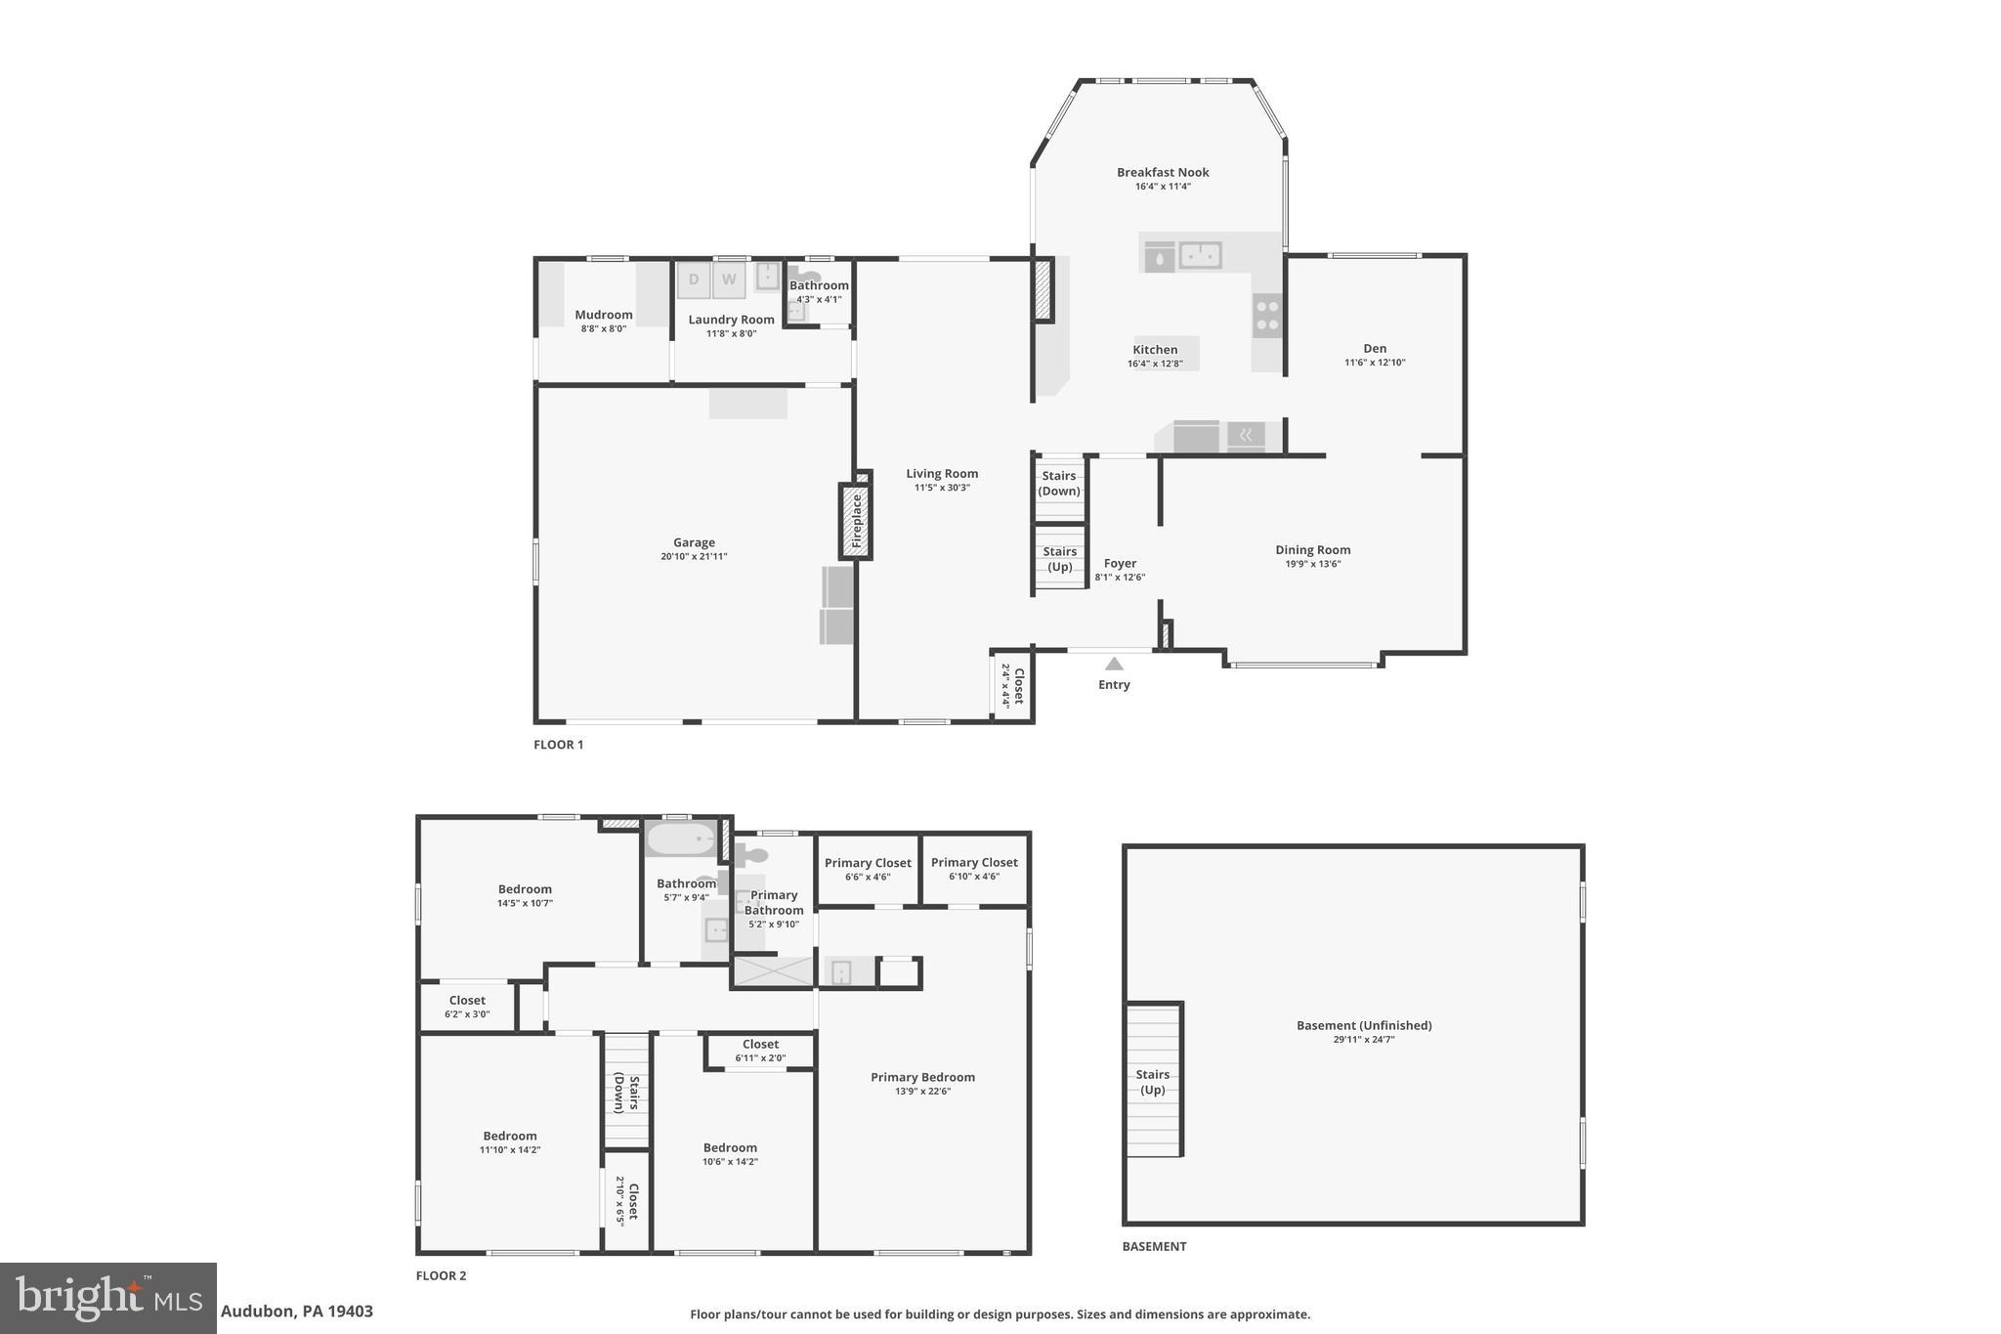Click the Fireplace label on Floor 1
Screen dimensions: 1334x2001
pos(856,521)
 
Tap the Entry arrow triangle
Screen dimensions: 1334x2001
pos(1114,665)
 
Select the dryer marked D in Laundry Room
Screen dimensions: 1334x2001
pos(694,280)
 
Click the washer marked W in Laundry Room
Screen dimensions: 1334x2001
pos(729,280)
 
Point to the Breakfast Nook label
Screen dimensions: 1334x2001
pos(1163,173)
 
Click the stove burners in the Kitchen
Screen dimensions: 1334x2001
pos(1267,316)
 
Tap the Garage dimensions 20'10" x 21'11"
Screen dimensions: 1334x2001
pos(694,557)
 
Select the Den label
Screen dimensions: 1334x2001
pos(1375,349)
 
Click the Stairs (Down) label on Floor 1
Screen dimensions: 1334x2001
pos(1059,484)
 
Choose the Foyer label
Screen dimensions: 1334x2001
pos(1120,564)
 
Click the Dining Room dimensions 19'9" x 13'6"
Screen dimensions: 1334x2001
pos(1312,564)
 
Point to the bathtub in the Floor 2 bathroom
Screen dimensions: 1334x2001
pos(682,839)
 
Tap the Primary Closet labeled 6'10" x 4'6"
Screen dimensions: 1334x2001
pos(974,869)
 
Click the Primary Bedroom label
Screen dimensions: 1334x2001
pos(922,1078)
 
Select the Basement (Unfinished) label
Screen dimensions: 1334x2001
pos(1364,1026)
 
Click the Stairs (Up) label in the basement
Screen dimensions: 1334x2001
pos(1153,1082)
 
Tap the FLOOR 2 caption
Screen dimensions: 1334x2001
pos(442,1276)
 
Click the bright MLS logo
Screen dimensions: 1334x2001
pos(108,1298)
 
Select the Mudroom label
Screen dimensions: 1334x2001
pos(604,316)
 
